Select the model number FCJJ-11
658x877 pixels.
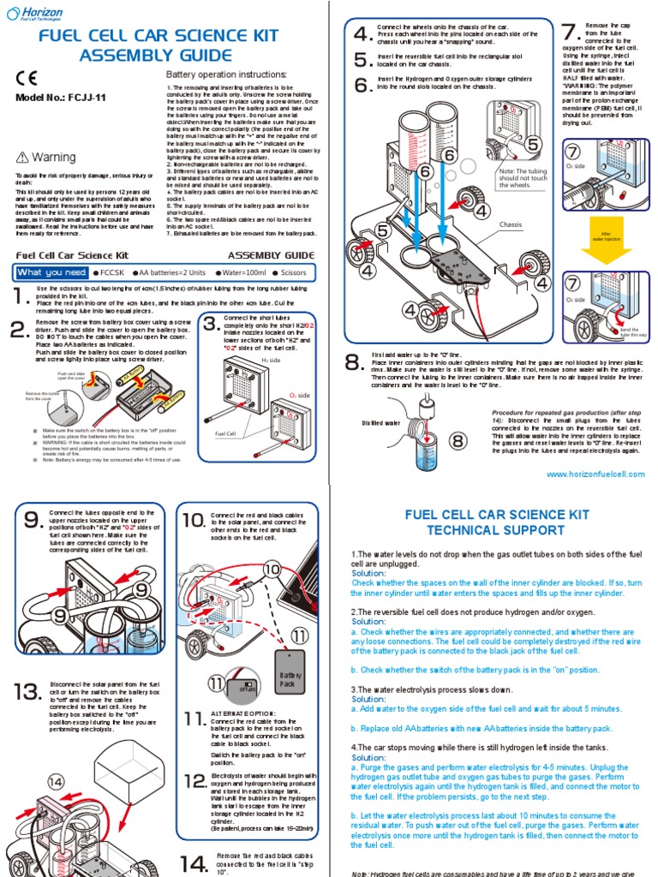[x=61, y=98]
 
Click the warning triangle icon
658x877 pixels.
[x=23, y=158]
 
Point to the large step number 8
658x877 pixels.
[x=354, y=363]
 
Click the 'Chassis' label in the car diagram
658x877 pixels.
[x=510, y=224]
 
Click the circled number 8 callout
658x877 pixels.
[x=458, y=441]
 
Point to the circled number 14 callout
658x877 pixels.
[x=56, y=781]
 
